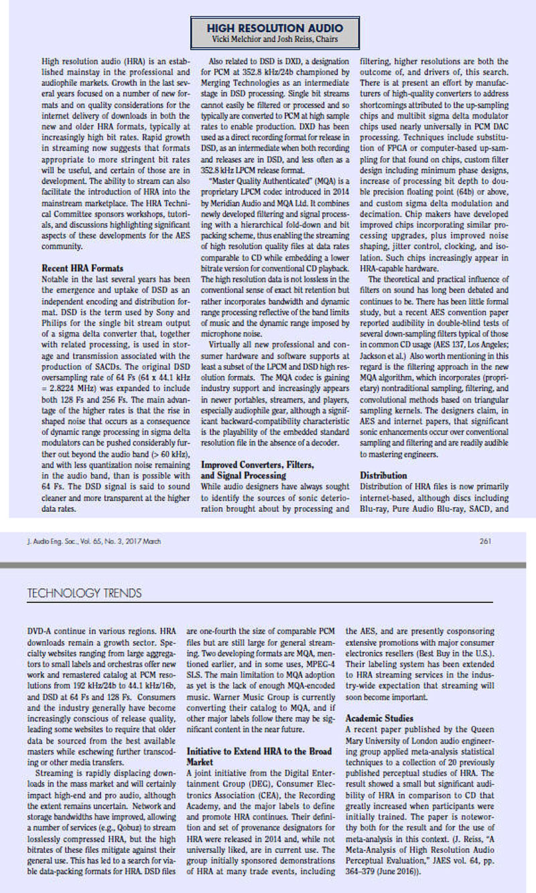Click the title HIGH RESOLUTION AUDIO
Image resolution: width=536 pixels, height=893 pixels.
click(275, 28)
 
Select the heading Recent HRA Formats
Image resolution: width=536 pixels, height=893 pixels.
click(82, 267)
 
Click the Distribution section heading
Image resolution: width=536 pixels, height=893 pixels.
click(383, 475)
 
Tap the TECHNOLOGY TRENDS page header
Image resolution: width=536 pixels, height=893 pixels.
click(84, 593)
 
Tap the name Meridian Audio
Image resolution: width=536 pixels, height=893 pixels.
click(251, 202)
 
